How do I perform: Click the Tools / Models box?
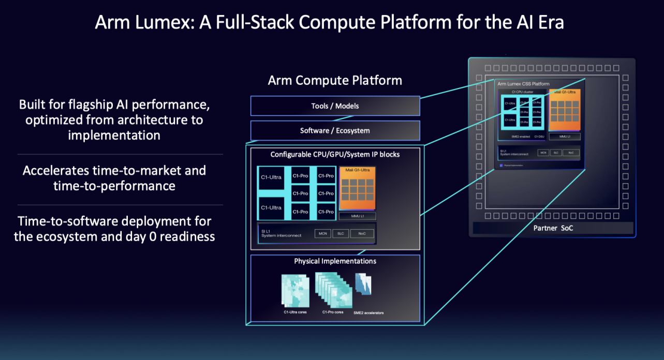[x=335, y=106]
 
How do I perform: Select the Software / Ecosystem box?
[x=335, y=131]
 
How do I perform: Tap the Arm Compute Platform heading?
[x=334, y=81]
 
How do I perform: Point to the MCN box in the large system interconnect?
[x=322, y=234]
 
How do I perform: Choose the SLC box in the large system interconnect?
[x=341, y=234]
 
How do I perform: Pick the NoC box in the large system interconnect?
[x=361, y=234]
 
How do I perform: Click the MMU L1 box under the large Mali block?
[x=357, y=216]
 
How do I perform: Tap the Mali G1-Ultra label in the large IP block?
[x=357, y=170]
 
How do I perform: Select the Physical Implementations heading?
[x=335, y=261]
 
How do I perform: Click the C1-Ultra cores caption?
[x=295, y=312]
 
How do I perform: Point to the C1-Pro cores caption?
[x=333, y=312]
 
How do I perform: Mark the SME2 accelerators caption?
[x=368, y=313]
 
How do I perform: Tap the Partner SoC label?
[x=552, y=228]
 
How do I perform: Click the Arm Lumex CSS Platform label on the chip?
[x=523, y=84]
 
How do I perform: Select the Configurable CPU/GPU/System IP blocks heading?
[x=335, y=155]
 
